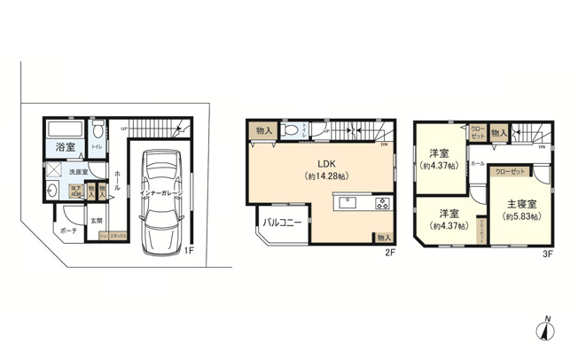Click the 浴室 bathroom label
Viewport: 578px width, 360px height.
coord(65,146)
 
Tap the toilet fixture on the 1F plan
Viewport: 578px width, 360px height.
coord(99,127)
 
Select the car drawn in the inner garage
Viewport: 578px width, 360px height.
coord(160,200)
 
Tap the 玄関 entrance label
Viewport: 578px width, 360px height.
coord(96,219)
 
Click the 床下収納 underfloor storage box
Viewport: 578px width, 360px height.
coord(78,189)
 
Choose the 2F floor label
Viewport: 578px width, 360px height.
coord(389,253)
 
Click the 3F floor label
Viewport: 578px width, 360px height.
coord(549,253)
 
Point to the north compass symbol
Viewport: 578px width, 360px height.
coord(546,330)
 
